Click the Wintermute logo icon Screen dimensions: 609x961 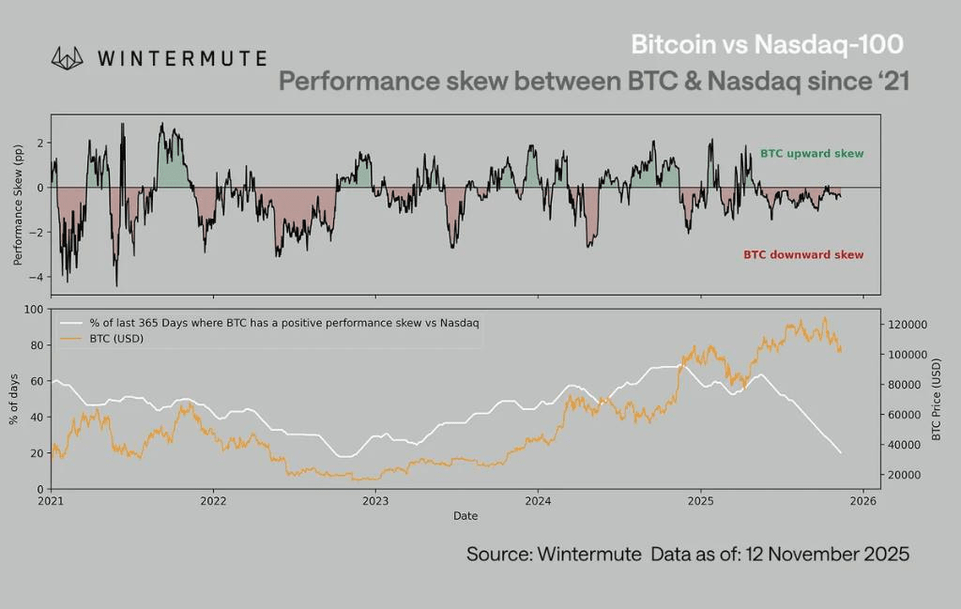pyautogui.click(x=68, y=58)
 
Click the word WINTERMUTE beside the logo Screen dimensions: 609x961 pyautogui.click(x=181, y=58)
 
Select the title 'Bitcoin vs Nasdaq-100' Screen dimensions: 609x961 pyautogui.click(x=768, y=44)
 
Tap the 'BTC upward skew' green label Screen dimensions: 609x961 pyautogui.click(x=811, y=153)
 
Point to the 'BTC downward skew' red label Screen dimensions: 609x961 pyautogui.click(x=803, y=254)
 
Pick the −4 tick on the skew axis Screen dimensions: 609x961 pyautogui.click(x=38, y=277)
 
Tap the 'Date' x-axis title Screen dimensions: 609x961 pyautogui.click(x=465, y=516)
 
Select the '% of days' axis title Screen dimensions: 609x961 pyautogui.click(x=14, y=399)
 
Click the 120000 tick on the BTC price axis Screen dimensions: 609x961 pyautogui.click(x=908, y=325)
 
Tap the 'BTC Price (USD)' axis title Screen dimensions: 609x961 pyautogui.click(x=936, y=399)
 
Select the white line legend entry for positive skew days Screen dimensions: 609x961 pyautogui.click(x=282, y=323)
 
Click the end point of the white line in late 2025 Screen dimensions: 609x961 pyautogui.click(x=840, y=453)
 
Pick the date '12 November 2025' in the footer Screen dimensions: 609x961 pyautogui.click(x=828, y=554)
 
